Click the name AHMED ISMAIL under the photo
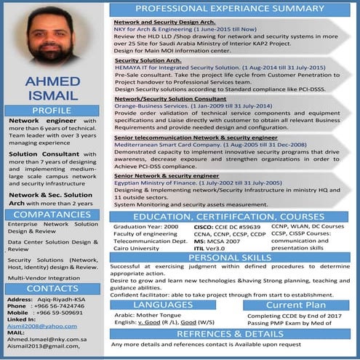point(52,87)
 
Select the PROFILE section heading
point(52,110)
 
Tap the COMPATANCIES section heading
point(52,215)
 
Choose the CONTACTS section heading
point(52,289)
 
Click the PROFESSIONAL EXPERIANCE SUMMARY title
point(230,9)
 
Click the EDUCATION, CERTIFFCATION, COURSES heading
point(230,217)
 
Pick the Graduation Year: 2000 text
point(145,227)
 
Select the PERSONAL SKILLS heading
point(230,257)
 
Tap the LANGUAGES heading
point(163,305)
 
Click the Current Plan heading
point(296,305)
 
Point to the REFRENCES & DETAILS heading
point(230,334)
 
